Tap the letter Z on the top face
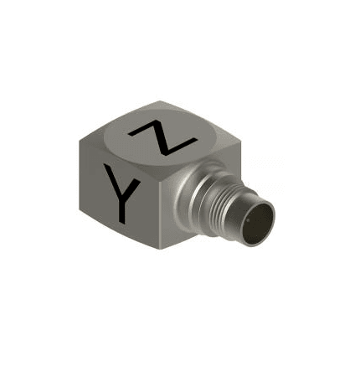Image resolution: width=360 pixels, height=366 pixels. coord(162,137)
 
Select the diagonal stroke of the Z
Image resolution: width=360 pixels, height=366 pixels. coord(162,137)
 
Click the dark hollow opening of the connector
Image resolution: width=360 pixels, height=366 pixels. coord(258,223)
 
